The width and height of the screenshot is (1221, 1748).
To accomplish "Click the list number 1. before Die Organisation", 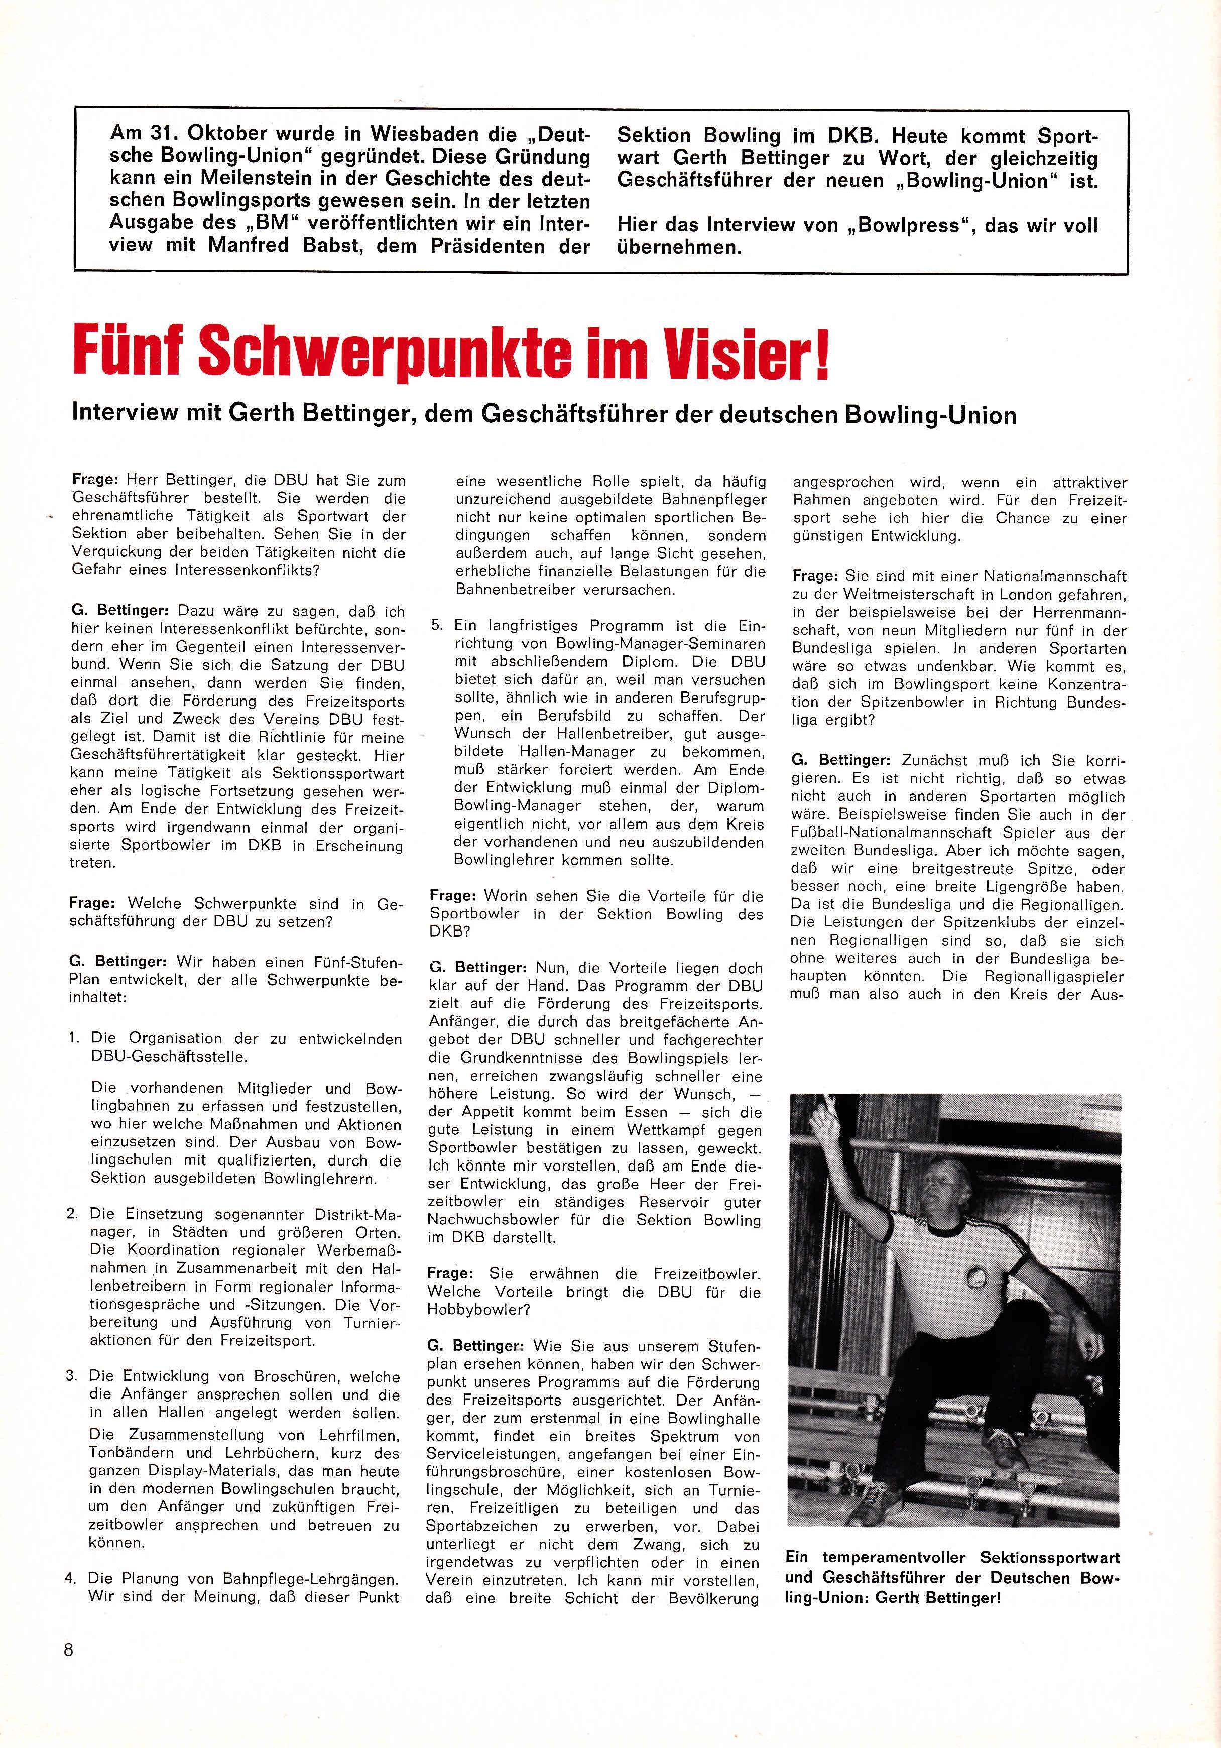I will click(74, 1038).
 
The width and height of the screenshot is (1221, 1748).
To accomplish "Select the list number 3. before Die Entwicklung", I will click(72, 1376).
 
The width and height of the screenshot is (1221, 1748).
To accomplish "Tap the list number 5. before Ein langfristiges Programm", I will click(436, 625).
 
